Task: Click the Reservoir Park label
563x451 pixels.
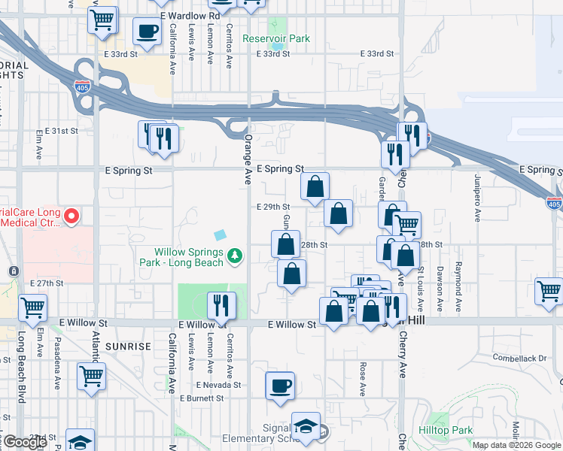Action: (x=276, y=38)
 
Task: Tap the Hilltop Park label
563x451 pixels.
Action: (x=452, y=430)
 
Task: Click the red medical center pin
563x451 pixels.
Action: (x=72, y=217)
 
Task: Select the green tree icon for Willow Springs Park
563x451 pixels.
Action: (x=236, y=256)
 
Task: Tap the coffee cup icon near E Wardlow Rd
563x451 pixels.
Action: (x=147, y=32)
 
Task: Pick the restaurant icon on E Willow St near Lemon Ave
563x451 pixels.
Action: (x=221, y=304)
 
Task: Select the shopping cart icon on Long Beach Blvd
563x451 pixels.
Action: (x=32, y=306)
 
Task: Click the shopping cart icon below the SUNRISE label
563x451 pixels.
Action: (x=91, y=375)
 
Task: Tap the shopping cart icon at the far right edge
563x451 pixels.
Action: (x=550, y=291)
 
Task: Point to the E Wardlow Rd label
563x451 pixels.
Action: (x=190, y=15)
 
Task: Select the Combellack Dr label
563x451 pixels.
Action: (x=519, y=358)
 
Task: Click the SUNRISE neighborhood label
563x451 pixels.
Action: (x=129, y=346)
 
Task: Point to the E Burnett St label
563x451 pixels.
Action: (x=202, y=398)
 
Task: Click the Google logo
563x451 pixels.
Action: (x=25, y=441)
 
